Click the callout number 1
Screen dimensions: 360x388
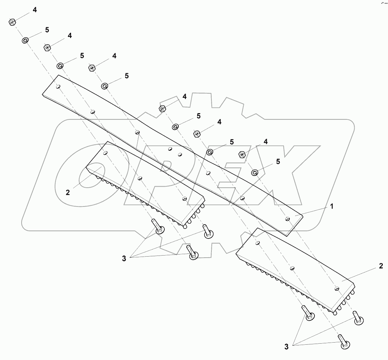coord(332,206)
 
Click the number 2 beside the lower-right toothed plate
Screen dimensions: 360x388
coord(381,266)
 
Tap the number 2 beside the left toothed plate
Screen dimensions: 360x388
coord(68,192)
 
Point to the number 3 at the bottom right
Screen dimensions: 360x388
coord(286,347)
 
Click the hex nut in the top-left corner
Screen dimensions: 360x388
coord(12,22)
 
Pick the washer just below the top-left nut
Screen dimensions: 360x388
coord(25,41)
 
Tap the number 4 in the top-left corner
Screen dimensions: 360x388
coord(34,10)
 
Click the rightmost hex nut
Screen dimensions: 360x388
coord(242,154)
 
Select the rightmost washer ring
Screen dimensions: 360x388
coord(255,172)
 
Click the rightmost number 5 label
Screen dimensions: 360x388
coord(278,162)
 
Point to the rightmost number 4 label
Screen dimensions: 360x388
coord(266,142)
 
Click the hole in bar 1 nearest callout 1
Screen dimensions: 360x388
coord(287,218)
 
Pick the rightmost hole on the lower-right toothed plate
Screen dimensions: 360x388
coord(337,288)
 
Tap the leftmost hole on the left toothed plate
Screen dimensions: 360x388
coord(105,152)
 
